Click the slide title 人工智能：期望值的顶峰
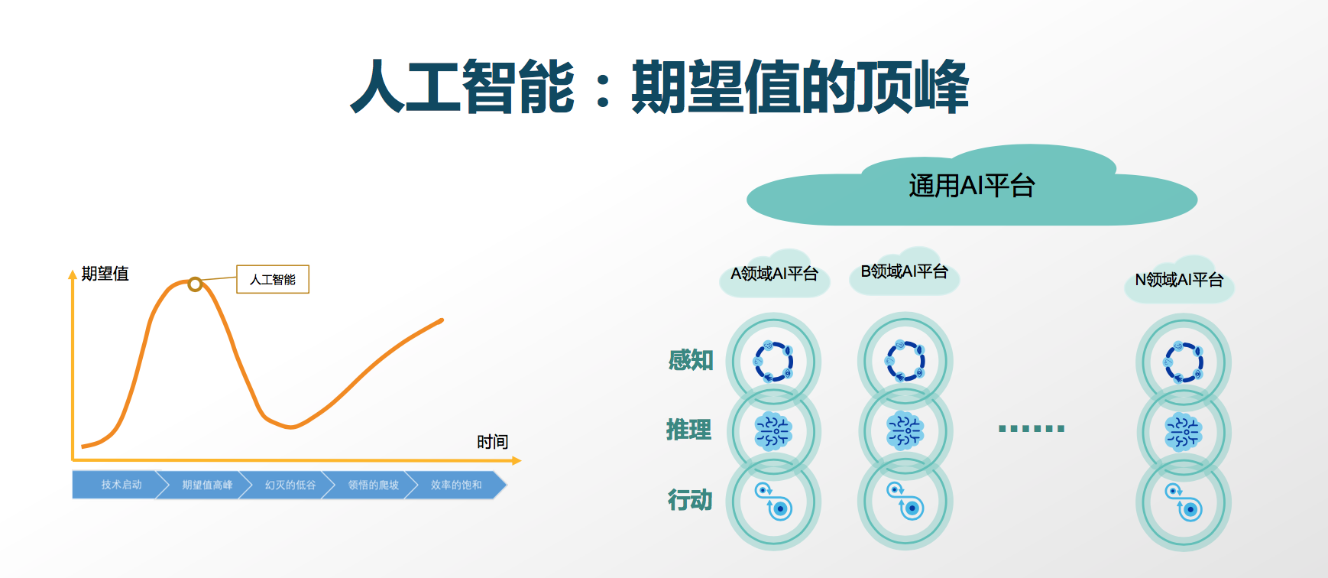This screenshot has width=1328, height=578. pos(659,87)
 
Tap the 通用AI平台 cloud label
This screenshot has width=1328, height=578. pos(971,186)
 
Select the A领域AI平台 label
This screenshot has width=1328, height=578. pos(774,274)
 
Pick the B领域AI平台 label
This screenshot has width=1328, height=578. pos(904,271)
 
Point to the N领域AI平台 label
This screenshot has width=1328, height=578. pos(1179,280)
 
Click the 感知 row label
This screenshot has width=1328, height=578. pos(691,360)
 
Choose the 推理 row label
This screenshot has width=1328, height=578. pos(689,430)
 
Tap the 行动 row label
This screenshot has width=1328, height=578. pos(690,500)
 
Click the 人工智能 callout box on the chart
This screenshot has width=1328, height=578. pos(273,279)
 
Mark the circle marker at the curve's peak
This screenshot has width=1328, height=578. pos(195,284)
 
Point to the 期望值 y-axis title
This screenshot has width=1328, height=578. pos(105,274)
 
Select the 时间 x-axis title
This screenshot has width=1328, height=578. pos(492,442)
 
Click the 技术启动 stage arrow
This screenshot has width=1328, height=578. pos(121,485)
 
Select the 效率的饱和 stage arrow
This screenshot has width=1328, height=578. pos(456,485)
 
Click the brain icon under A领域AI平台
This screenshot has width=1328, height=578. pos(773,431)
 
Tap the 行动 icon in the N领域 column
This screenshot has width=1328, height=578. pos(1184,502)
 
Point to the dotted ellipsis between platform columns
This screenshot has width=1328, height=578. pos(1032,428)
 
